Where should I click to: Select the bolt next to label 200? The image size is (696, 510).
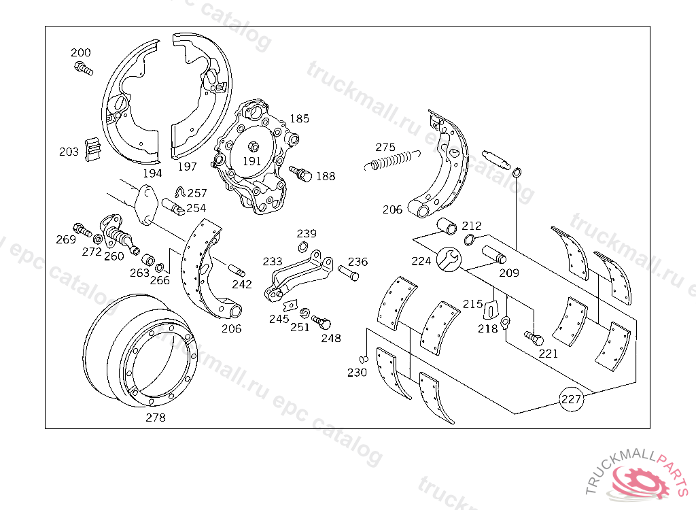82,67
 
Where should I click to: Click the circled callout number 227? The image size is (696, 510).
571,399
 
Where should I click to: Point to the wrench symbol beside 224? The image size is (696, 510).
448,259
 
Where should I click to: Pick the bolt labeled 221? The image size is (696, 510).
534,337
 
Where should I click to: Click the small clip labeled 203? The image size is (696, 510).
92,150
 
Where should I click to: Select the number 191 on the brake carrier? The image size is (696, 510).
251,161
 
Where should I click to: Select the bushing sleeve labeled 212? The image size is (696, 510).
446,225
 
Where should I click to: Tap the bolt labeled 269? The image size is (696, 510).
82,230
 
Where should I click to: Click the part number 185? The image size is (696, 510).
299,118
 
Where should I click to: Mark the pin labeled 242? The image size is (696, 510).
240,268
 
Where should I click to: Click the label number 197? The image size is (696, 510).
187,167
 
